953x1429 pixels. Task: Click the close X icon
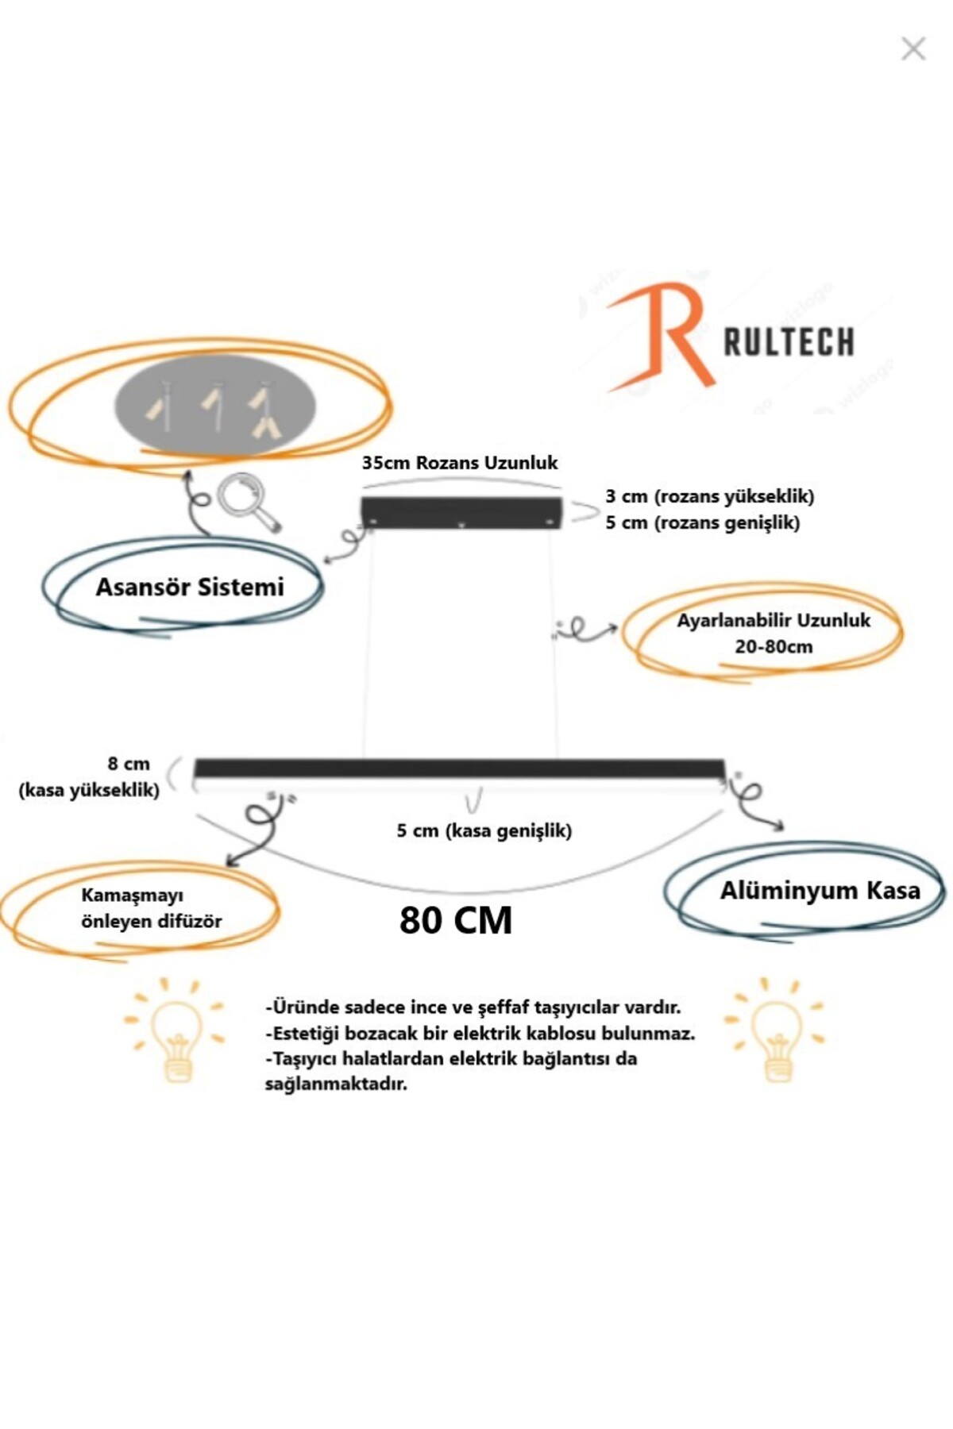coord(913,49)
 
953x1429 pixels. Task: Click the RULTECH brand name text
coord(789,342)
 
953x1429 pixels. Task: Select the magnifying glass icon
coord(248,501)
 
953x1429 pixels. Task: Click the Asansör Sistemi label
coord(190,587)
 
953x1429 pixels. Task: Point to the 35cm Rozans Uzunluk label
coord(460,463)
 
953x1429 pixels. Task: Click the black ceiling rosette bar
coord(461,511)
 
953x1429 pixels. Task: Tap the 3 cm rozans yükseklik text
coord(709,497)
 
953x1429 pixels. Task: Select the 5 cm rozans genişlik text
coord(702,523)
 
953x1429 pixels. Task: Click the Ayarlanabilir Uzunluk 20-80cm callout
coord(773,633)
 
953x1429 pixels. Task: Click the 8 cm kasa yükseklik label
coord(89,776)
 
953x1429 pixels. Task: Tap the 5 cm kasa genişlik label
coord(484,831)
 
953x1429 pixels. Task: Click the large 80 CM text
coord(456,921)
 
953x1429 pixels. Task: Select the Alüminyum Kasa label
coord(820,891)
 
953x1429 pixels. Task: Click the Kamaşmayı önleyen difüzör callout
coord(151,908)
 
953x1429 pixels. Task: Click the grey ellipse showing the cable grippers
coord(216,405)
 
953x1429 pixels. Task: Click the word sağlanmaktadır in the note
coord(336,1084)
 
